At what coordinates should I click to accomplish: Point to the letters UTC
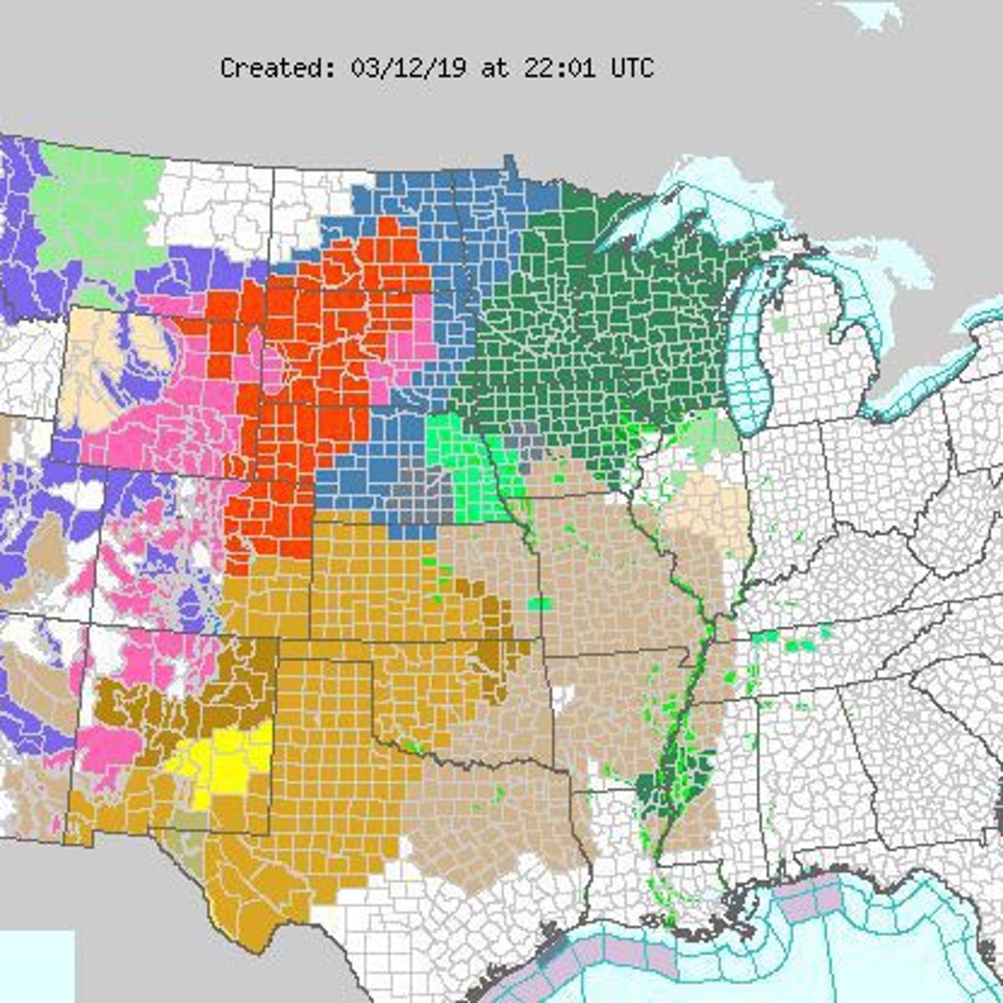click(x=632, y=68)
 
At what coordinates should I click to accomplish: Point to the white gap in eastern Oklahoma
click(x=564, y=695)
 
